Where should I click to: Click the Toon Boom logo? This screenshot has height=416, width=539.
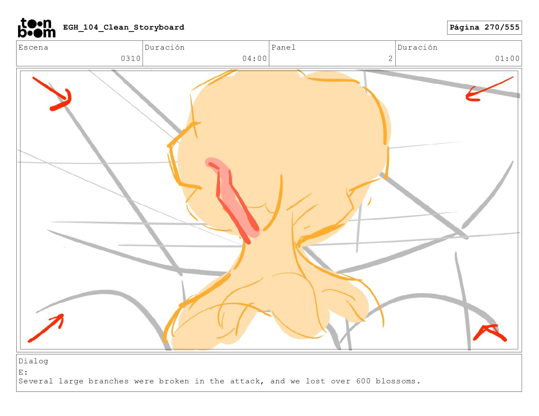[x=37, y=28]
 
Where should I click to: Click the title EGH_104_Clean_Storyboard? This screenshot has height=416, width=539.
[x=124, y=27]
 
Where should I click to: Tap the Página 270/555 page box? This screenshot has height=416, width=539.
[x=484, y=28]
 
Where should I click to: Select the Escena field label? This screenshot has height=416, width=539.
[x=33, y=47]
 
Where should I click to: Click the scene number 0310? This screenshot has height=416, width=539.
[x=131, y=58]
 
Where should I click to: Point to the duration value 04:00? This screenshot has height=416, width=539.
[x=255, y=58]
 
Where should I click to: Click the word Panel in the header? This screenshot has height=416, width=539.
[x=283, y=47]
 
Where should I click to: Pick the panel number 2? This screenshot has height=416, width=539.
[x=390, y=58]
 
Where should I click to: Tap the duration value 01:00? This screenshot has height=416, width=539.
[x=507, y=58]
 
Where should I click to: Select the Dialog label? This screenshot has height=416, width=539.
[x=33, y=361]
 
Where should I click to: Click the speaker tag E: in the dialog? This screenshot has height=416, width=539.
[x=23, y=372]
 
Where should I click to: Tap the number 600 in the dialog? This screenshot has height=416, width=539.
[x=363, y=381]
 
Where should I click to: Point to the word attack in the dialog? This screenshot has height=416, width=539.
[x=247, y=381]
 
